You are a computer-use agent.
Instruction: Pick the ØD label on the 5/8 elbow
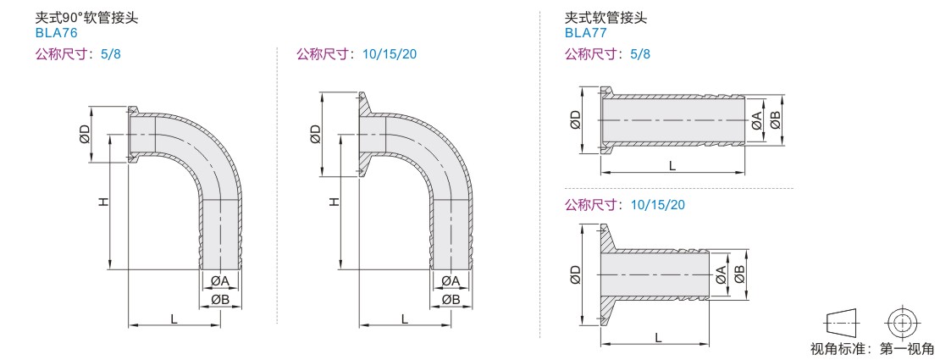(x=85, y=134)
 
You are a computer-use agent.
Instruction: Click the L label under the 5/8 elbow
(x=174, y=318)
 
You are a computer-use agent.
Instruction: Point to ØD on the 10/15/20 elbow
(x=316, y=134)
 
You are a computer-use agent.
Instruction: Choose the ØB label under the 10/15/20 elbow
(x=451, y=300)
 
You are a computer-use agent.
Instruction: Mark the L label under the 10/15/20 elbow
(x=405, y=318)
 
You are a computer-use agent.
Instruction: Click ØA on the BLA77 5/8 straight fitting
(x=756, y=121)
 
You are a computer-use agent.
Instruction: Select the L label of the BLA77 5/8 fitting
(x=672, y=167)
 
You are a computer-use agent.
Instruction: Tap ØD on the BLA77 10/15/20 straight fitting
(x=576, y=274)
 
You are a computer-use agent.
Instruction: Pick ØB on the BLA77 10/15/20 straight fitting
(x=738, y=274)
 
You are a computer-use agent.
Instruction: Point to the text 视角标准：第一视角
(x=872, y=348)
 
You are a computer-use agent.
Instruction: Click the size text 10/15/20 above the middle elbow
(x=389, y=54)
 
